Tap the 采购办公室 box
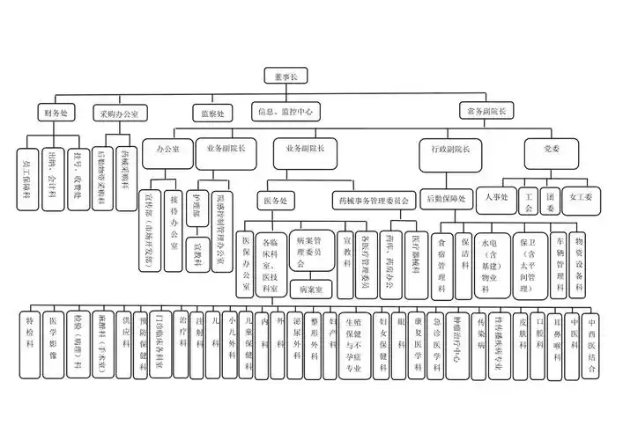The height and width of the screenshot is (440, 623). click(x=123, y=113)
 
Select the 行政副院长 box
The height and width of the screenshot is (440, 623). click(x=449, y=149)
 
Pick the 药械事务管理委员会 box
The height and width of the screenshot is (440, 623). click(x=374, y=201)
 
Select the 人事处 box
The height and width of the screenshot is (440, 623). click(x=497, y=197)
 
